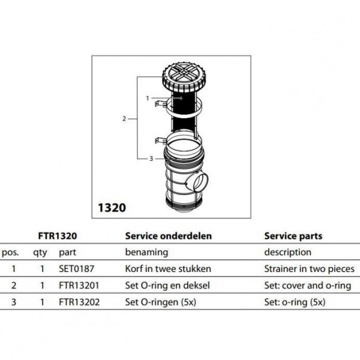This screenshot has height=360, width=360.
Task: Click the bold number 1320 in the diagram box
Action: coord(112,208)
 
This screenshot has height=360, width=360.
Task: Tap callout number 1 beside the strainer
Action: coord(148,98)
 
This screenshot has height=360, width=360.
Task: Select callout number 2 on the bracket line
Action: coord(124,119)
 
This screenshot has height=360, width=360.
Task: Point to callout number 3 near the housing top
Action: coord(151,158)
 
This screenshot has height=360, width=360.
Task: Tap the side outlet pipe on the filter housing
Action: coord(198,182)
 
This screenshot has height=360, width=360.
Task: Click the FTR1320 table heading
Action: coord(58,236)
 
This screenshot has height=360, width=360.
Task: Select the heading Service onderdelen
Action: coord(169,236)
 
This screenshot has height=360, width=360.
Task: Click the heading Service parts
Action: coord(293,236)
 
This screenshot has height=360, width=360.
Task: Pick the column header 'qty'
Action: coord(40,253)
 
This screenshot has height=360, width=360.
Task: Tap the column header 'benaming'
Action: coord(147,253)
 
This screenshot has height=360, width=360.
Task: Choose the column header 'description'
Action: coord(288,253)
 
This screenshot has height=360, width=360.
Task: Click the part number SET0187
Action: coord(76,269)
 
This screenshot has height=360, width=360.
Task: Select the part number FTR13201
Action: coord(79,286)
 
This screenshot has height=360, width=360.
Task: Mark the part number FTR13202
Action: coord(79,302)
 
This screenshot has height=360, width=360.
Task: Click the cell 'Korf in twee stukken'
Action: coord(168,269)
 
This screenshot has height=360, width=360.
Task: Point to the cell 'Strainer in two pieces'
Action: coord(309,269)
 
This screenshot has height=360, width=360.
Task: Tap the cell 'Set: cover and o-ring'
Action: coord(308,286)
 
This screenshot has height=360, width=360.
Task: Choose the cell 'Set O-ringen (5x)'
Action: coord(160,302)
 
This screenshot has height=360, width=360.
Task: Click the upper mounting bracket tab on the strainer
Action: coord(161,104)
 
